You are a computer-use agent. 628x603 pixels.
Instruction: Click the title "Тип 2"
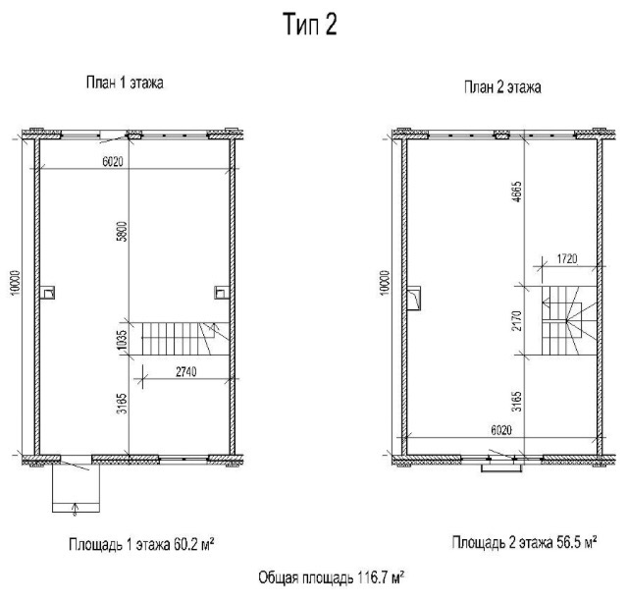(x=310, y=25)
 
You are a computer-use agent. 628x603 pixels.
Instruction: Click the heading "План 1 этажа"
(x=125, y=82)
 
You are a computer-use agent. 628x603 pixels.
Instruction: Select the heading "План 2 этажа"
(x=502, y=87)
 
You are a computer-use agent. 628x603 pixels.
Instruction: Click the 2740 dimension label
(x=186, y=372)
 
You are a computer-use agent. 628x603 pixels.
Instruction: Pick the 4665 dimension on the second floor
(x=517, y=192)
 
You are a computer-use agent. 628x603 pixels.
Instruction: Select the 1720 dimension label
(x=567, y=259)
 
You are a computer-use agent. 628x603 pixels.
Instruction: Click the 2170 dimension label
(x=517, y=320)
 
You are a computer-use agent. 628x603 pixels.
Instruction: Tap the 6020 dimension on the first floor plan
(x=113, y=162)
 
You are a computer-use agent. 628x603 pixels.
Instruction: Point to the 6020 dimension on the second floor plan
(x=501, y=430)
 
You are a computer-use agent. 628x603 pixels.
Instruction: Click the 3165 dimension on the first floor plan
(x=123, y=404)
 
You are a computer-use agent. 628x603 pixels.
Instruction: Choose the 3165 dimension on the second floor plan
(x=517, y=402)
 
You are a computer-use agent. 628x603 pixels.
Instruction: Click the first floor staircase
(x=185, y=339)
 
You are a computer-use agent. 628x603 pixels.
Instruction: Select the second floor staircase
(x=569, y=320)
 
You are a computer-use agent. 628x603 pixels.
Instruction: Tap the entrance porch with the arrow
(x=76, y=488)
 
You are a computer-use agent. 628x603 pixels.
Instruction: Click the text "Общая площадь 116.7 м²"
(x=331, y=577)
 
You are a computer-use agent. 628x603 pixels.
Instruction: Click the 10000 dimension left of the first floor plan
(x=16, y=283)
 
